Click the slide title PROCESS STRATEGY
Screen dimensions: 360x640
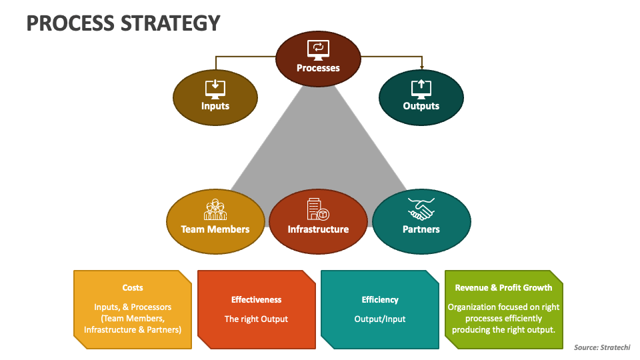click(x=123, y=23)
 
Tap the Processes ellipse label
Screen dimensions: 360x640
click(x=318, y=68)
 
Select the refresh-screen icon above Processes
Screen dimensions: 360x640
click(x=318, y=49)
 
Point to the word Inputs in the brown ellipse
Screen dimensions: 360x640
click(x=215, y=106)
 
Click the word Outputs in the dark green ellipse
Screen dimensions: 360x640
click(x=421, y=106)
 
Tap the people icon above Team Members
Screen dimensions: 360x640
click(x=215, y=209)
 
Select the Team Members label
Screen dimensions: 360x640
click(x=215, y=229)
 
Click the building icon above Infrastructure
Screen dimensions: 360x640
click(x=317, y=209)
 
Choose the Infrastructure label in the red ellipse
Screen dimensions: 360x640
click(x=318, y=229)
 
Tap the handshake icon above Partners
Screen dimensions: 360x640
click(x=421, y=209)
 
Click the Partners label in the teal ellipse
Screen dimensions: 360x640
click(x=421, y=229)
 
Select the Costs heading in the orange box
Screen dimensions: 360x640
click(x=133, y=288)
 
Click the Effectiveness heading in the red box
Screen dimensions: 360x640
click(x=257, y=300)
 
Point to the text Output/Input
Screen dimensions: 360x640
click(x=380, y=319)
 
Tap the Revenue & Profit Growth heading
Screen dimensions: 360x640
click(x=503, y=288)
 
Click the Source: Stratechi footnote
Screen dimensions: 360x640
click(x=602, y=347)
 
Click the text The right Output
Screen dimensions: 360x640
click(x=257, y=319)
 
